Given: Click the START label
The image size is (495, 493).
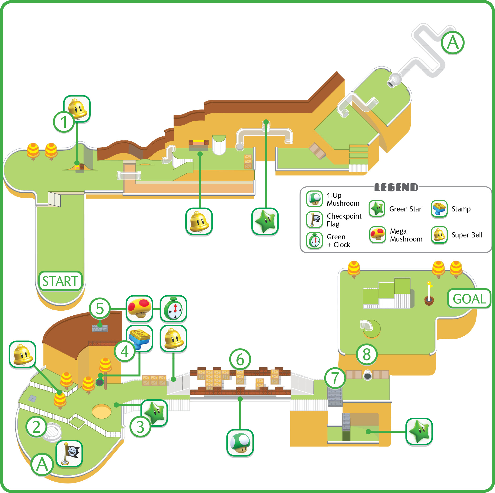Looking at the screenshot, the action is [x=60, y=281].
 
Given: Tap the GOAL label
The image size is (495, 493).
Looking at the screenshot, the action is [x=469, y=298].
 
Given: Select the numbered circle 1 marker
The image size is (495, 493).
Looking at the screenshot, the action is [x=64, y=122].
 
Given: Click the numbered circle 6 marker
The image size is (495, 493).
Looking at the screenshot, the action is [x=240, y=359].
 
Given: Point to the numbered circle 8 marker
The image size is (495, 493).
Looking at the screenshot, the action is [x=367, y=354].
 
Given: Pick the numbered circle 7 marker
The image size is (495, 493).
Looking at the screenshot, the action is [x=335, y=378].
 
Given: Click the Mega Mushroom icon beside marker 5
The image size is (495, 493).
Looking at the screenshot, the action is [x=139, y=308].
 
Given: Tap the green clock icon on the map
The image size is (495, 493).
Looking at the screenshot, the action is [x=174, y=308].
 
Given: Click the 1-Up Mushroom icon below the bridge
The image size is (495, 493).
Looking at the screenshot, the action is [x=240, y=443].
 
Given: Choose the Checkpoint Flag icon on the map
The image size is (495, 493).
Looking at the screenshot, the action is [x=69, y=453].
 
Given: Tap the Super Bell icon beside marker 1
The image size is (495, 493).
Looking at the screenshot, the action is [x=77, y=109].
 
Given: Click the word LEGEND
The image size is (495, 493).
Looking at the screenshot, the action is [x=396, y=188].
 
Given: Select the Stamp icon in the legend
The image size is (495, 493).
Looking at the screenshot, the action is [x=439, y=209].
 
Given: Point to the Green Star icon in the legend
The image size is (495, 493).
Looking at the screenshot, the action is [x=377, y=209].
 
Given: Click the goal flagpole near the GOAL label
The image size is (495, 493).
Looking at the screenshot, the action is [x=429, y=294].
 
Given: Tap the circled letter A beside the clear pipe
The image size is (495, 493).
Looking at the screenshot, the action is [x=453, y=43].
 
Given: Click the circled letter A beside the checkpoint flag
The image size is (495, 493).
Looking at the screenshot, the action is [x=42, y=465].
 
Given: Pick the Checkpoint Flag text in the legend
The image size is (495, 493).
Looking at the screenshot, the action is [x=344, y=220].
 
